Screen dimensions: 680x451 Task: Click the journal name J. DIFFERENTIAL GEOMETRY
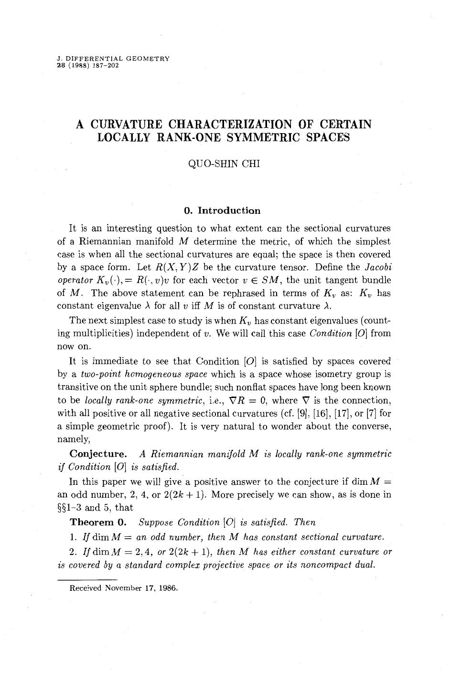click(x=113, y=59)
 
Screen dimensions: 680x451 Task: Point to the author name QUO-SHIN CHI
click(x=224, y=165)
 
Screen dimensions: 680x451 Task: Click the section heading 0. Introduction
click(x=222, y=210)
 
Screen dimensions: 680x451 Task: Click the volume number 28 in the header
click(x=61, y=65)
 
